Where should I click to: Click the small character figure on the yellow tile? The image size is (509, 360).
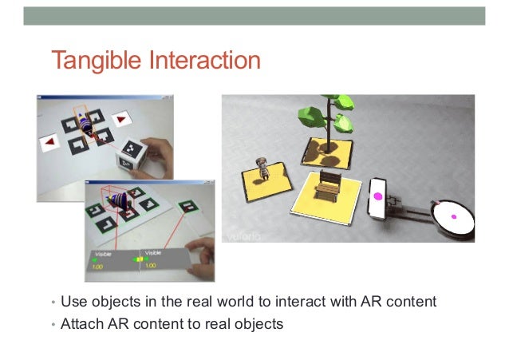tap(260, 168)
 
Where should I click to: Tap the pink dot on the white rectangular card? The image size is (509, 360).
tap(377, 196)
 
